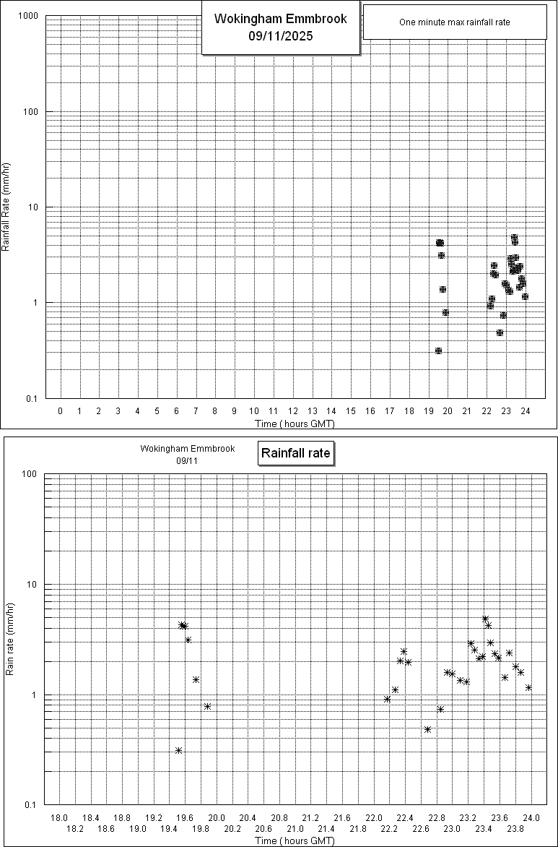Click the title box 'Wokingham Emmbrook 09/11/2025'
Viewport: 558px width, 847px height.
(281, 27)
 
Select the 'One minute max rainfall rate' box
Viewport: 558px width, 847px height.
(454, 22)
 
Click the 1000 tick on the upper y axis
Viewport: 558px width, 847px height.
(29, 16)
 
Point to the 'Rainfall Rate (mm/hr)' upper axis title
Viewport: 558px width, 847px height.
(6, 207)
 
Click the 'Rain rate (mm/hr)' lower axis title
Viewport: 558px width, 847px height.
(10, 639)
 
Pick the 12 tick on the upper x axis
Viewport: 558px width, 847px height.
(293, 410)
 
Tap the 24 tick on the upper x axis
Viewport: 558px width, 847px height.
(526, 410)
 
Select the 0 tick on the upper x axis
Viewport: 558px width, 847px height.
(61, 410)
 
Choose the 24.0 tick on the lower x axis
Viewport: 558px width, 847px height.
(531, 817)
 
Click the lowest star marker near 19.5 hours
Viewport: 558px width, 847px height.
(178, 750)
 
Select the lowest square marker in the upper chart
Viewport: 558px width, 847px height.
(438, 351)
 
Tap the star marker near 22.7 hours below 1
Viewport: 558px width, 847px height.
(427, 729)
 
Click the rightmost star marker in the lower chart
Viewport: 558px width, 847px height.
(528, 687)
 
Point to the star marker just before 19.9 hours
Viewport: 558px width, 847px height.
(207, 706)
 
